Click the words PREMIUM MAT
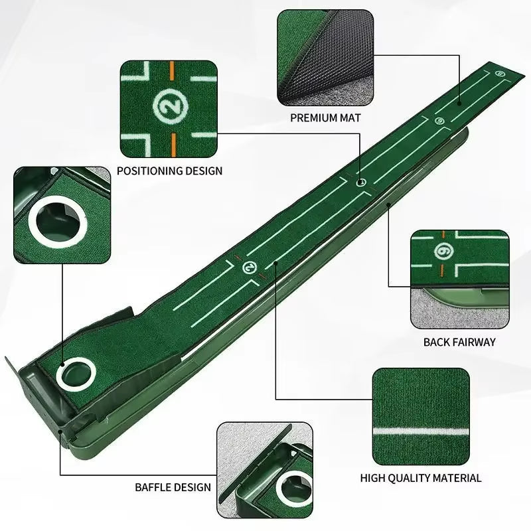[325, 117]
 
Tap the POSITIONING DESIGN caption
[169, 171]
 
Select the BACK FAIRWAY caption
[459, 342]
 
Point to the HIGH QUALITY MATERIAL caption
[421, 477]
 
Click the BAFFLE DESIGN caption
[173, 487]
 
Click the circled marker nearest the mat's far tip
[499, 74]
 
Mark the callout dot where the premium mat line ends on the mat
[459, 103]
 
